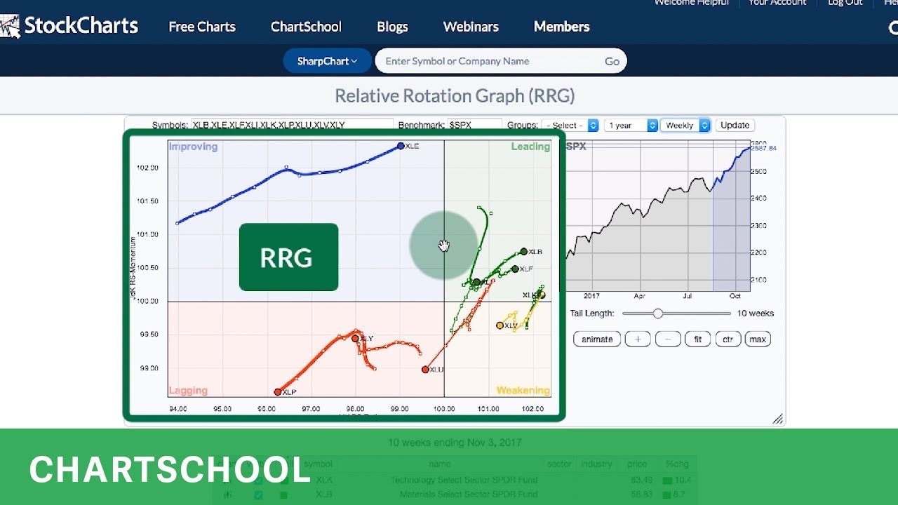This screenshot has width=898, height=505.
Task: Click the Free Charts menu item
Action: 202,27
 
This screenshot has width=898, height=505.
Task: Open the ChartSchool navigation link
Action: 306,27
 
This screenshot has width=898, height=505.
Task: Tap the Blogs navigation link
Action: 392,27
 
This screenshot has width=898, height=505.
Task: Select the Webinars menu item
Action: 471,27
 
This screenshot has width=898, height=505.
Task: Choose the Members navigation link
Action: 561,27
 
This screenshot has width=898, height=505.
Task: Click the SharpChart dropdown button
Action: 327,61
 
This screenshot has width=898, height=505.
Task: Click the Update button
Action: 735,125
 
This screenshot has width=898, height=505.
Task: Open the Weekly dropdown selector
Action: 685,125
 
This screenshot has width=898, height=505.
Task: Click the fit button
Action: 697,339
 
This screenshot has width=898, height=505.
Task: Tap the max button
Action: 758,339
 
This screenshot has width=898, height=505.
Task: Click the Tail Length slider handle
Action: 657,314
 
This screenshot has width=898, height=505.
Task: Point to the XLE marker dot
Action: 401,146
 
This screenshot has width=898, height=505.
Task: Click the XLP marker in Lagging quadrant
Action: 278,392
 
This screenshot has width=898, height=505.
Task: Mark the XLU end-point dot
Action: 425,369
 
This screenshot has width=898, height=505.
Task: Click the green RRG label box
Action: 288,257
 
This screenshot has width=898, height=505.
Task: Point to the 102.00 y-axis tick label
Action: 147,168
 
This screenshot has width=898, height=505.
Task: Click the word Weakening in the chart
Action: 523,391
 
